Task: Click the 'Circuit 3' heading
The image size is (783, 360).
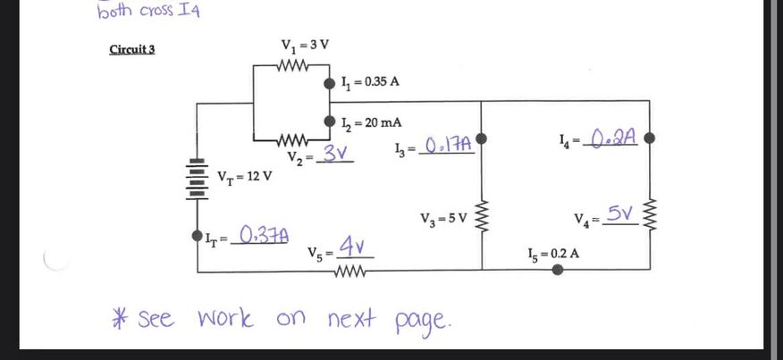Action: (x=131, y=48)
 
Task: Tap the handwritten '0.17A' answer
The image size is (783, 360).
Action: (x=448, y=145)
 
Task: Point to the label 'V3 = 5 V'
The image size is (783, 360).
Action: (x=443, y=218)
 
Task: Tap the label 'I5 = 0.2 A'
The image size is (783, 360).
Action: (x=553, y=253)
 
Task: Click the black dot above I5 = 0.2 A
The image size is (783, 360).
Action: (x=558, y=269)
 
